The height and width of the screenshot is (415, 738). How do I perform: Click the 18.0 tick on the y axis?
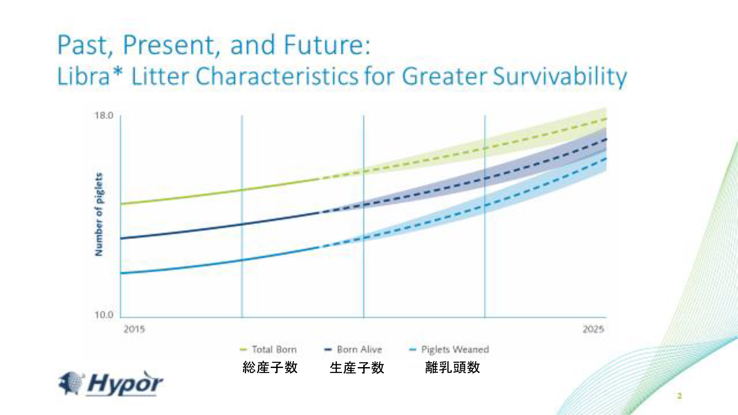[x=104, y=115]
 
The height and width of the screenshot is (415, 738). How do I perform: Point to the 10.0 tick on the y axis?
[x=104, y=315]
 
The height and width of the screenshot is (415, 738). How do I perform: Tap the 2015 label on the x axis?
[x=134, y=329]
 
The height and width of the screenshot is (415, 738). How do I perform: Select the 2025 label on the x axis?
[x=593, y=329]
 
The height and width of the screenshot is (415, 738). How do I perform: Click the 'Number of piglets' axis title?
[x=99, y=214]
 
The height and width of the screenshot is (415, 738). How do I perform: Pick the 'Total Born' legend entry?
[x=269, y=349]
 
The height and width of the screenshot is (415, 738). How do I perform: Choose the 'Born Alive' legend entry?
[x=353, y=349]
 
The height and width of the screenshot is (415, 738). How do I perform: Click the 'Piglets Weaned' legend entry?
[x=449, y=349]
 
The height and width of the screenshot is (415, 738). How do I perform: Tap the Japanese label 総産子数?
[x=270, y=368]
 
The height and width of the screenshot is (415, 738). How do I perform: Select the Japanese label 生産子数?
[x=357, y=368]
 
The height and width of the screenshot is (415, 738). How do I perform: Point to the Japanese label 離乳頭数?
[x=453, y=368]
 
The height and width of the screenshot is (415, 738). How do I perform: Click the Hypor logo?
[x=110, y=383]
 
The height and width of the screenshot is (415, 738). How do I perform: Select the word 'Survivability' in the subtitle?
[x=560, y=77]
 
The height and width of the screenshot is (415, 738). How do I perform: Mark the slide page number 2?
[x=680, y=396]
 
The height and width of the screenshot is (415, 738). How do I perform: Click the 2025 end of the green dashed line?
[x=606, y=119]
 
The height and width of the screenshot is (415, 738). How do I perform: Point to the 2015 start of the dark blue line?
[x=121, y=238]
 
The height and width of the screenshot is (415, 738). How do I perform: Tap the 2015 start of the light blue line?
[x=121, y=273]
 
